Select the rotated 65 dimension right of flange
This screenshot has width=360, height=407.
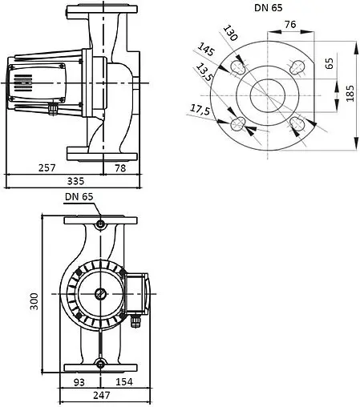[x=330, y=63]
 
